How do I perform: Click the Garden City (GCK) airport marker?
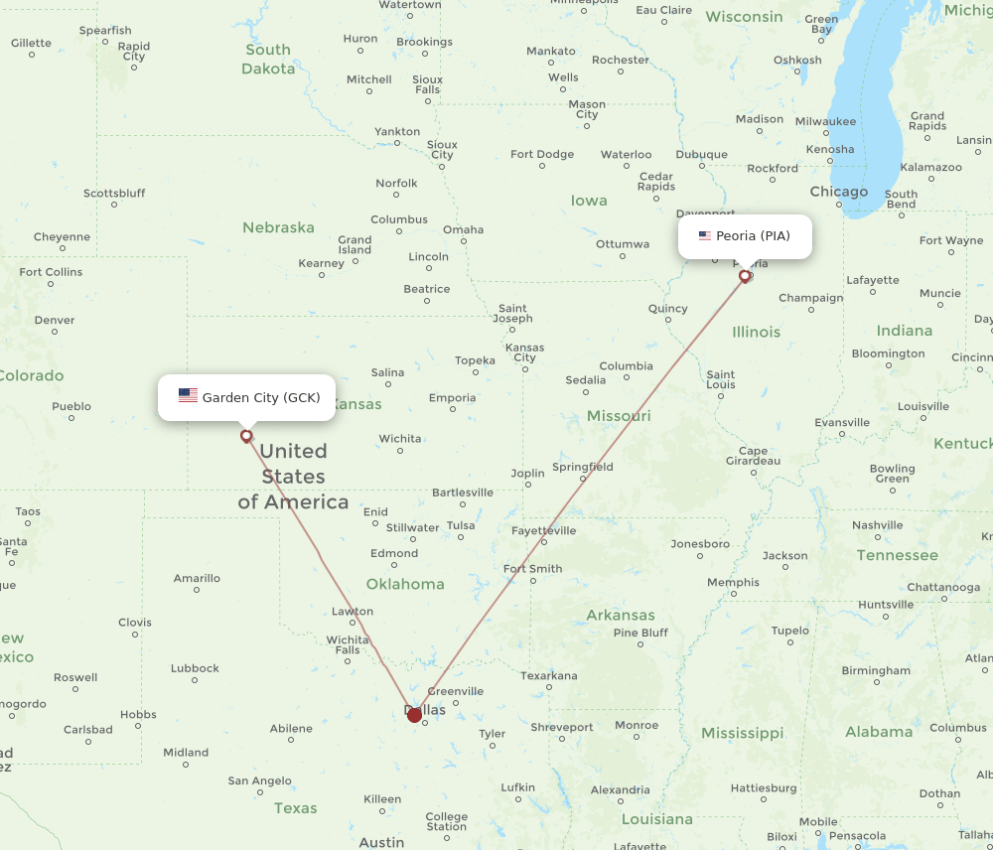pos(246,435)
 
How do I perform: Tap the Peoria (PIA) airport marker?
pos(745,276)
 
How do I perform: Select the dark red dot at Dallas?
pos(414,715)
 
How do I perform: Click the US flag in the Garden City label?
pos(188,396)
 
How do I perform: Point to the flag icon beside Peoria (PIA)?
pos(705,236)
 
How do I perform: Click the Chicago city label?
pos(838,192)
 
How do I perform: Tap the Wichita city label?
pos(400,438)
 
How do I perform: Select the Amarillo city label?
pos(197,578)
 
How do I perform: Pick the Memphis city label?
pos(733,582)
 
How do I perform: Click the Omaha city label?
pos(463,229)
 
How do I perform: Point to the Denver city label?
pos(54,320)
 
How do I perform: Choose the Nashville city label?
pos(877,524)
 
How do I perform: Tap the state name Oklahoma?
pos(405,584)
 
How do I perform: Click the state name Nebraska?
pos(278,227)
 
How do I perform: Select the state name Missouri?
pos(619,415)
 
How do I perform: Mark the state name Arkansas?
pos(621,615)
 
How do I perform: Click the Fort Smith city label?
pos(532,569)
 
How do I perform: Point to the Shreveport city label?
pos(562,727)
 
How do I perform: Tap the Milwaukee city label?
pos(825,121)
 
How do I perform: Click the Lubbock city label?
pos(195,668)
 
